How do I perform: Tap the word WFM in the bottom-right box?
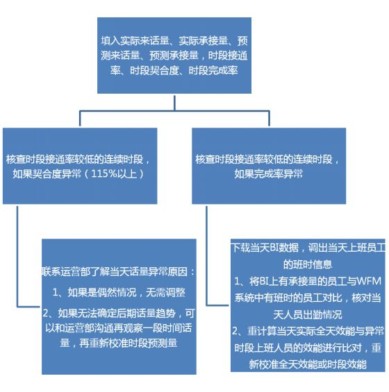[368, 281]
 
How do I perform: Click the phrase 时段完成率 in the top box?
[213, 71]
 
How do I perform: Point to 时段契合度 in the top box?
[154, 71]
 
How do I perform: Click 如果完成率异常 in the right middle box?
[269, 173]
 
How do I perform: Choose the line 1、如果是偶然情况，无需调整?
[119, 292]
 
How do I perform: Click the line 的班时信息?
[308, 264]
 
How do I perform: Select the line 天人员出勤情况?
[308, 314]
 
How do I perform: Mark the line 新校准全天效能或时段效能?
[308, 364]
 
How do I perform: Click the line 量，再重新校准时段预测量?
[119, 343]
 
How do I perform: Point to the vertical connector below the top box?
[174, 102]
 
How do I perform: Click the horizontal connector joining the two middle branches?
[174, 111]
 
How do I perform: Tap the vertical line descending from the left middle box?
[17, 256]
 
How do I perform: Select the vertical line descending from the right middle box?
[206, 256]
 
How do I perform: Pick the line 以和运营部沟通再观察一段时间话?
[119, 327]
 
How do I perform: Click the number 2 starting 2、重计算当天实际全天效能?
[235, 331]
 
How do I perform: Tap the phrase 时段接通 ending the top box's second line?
[228, 56]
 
